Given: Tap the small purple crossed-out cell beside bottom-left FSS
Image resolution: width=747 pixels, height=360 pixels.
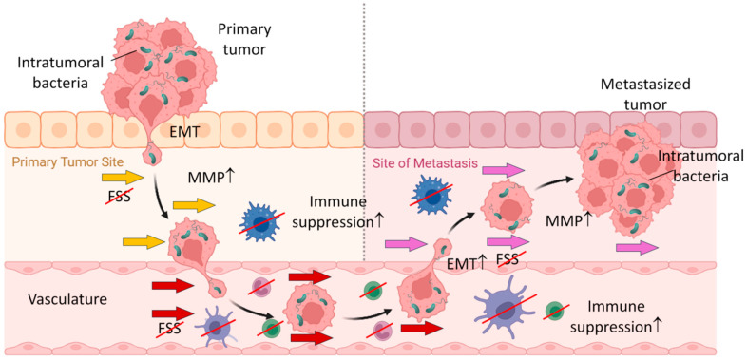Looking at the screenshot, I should (212, 326).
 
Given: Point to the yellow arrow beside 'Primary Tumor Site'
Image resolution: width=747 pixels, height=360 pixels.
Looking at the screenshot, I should (133, 177).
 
